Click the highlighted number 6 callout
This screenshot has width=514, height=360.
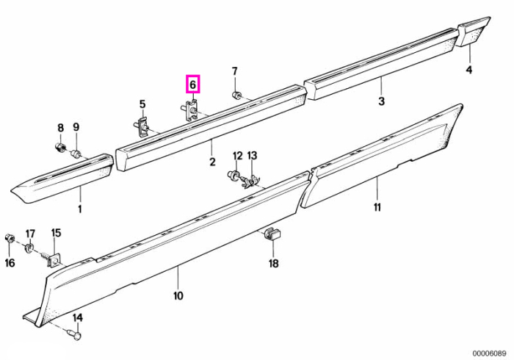tap(192, 84)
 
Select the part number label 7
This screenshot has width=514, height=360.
tap(235, 71)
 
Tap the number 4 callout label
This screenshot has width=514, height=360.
tap(469, 70)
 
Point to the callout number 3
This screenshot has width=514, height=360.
tap(381, 101)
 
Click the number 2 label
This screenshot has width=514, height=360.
tap(212, 162)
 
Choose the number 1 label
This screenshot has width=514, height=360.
tap(80, 209)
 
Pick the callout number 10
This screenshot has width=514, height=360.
tap(178, 296)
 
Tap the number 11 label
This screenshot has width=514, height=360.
tap(377, 207)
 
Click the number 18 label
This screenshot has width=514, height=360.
tap(273, 263)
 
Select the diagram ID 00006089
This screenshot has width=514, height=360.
tap(489, 353)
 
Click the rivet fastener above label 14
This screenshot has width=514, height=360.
tap(76, 335)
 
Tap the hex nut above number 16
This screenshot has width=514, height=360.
tap(9, 238)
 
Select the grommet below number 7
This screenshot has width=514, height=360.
tap(236, 96)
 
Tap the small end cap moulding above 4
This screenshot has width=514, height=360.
tap(474, 32)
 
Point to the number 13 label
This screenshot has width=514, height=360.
tap(252, 156)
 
